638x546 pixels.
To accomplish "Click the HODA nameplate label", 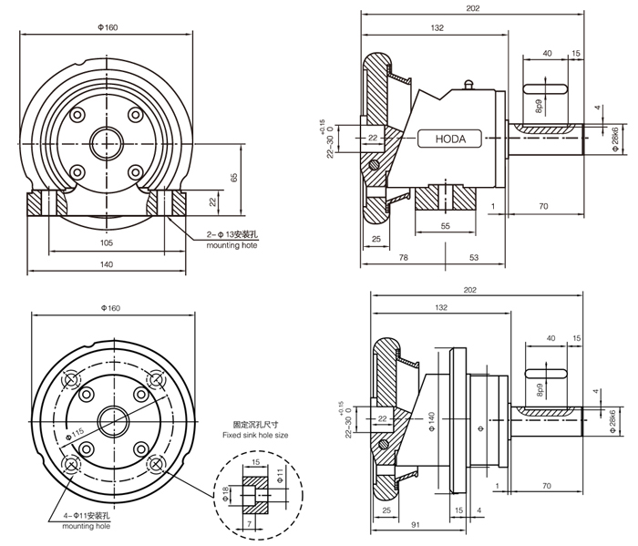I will pyautogui.click(x=443, y=139).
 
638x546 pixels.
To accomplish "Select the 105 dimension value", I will pyautogui.click(x=106, y=242).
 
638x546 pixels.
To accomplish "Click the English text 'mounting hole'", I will pyautogui.click(x=85, y=527).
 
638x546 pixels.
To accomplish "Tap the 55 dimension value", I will pyautogui.click(x=445, y=223).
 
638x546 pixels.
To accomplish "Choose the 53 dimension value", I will pyautogui.click(x=474, y=258).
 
